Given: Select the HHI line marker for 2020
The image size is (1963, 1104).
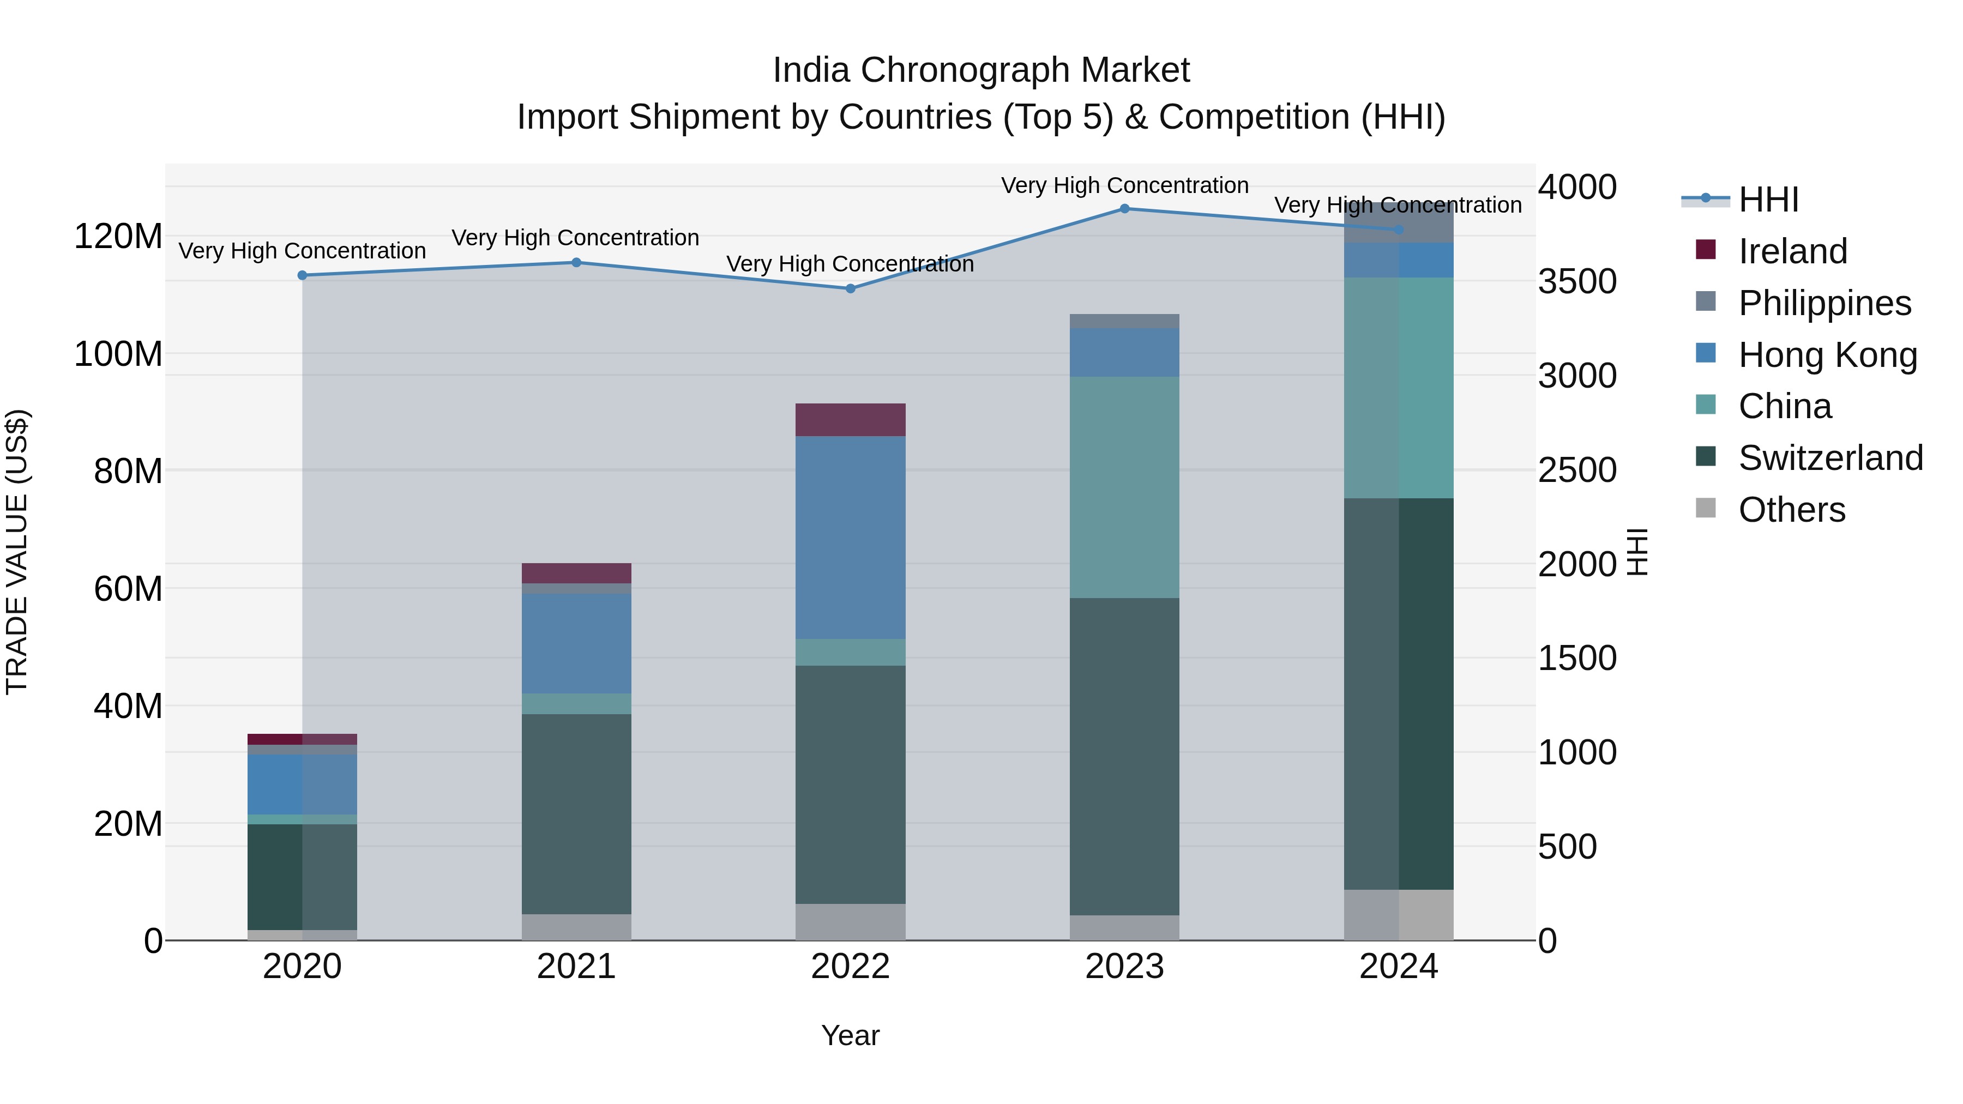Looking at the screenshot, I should [303, 275].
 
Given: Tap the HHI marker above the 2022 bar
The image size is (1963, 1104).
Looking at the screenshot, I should [851, 289].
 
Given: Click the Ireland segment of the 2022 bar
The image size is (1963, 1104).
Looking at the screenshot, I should [851, 420].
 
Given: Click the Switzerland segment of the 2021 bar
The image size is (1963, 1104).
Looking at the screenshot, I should [576, 814].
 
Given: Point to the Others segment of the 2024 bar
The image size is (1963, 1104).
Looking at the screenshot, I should [1398, 914].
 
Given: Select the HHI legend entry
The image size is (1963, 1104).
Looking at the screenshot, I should [1768, 200].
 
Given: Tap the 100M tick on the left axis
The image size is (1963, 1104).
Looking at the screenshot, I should [118, 354].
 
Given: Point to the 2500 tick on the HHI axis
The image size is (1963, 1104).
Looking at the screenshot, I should [1576, 470].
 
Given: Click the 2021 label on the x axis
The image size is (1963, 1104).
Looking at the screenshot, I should [576, 967].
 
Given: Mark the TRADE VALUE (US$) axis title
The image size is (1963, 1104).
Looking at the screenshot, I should [17, 552].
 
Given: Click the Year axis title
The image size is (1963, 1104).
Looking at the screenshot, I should [851, 1035].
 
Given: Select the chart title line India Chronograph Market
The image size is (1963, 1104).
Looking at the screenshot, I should [981, 70].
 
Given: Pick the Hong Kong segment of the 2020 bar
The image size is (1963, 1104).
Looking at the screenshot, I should [303, 784].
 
